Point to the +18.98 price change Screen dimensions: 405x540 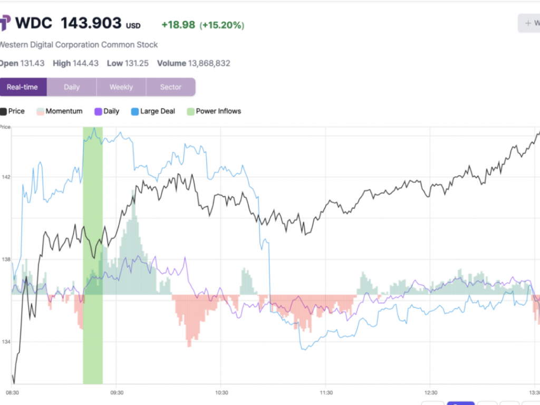click(x=178, y=25)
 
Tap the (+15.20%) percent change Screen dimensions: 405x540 click(x=221, y=25)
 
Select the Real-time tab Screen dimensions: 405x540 click(x=23, y=87)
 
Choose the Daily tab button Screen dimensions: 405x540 click(x=72, y=87)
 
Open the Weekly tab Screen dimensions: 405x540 click(x=121, y=87)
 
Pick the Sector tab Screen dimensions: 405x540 click(x=170, y=87)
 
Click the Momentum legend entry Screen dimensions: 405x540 click(x=64, y=111)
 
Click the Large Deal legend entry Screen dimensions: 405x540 click(x=157, y=111)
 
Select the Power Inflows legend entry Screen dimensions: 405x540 click(x=218, y=111)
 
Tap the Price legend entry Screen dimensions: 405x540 click(x=16, y=111)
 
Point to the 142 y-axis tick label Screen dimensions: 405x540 click(x=6, y=177)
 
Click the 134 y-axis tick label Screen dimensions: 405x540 click(x=6, y=342)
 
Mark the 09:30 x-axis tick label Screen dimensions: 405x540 click(x=117, y=393)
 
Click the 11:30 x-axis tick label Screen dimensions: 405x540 click(x=326, y=393)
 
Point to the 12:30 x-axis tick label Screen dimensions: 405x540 click(x=430, y=393)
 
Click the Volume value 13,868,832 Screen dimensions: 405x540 click(x=209, y=63)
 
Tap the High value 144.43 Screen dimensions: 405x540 click(x=85, y=63)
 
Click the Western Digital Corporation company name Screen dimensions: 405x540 click(x=78, y=45)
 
